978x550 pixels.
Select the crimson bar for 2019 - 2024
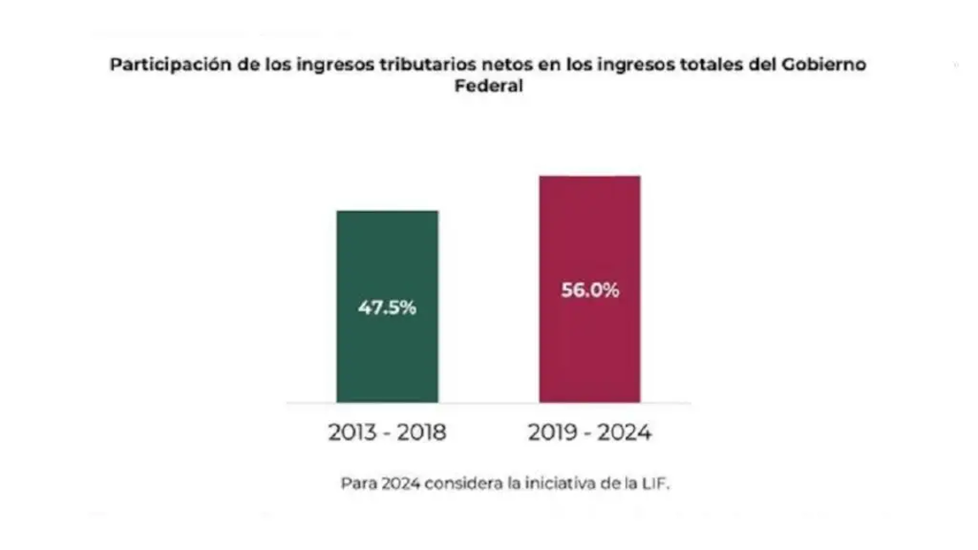coord(589,356)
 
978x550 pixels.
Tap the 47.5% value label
coord(387,308)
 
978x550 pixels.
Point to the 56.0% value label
coord(590,290)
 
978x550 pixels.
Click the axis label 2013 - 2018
coord(387,433)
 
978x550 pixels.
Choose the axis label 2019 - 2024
coord(590,433)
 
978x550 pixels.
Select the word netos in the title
coord(514,65)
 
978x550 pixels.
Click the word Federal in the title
coord(488,87)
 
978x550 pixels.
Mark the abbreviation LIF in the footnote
coord(655,484)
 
